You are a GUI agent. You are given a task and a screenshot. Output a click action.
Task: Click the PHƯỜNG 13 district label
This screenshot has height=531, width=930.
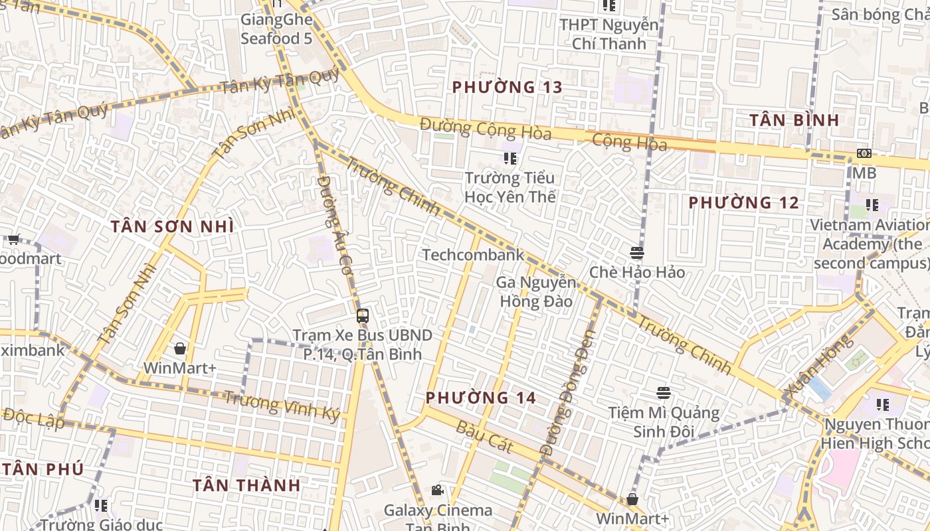coord(507,87)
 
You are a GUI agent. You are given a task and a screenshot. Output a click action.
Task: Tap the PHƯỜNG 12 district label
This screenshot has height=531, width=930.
coord(743,202)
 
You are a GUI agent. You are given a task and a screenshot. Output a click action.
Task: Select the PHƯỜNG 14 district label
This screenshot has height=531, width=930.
coord(480,398)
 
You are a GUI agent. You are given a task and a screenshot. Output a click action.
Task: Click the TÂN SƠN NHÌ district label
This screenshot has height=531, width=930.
coord(172,226)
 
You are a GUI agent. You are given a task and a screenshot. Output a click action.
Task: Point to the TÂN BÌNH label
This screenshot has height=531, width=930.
coord(794,120)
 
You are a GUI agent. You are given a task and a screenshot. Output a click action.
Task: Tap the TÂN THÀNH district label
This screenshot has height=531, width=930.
coord(246,485)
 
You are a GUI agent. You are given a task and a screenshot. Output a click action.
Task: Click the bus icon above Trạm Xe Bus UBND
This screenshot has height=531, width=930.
coord(362,316)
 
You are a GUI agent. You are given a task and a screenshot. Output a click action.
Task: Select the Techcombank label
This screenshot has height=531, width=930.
coord(473,255)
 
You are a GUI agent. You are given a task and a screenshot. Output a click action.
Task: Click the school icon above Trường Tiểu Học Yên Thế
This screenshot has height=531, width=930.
coord(510,159)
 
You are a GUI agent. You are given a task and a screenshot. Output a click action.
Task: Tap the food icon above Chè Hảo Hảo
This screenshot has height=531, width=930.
coord(636,253)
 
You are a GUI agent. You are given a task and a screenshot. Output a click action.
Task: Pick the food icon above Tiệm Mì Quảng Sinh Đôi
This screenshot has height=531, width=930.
coord(663,393)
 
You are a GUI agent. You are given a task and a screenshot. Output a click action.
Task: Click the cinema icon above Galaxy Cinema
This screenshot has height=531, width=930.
coord(437,491)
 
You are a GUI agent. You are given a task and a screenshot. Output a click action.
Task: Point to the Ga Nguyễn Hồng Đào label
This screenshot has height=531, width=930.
coord(535,291)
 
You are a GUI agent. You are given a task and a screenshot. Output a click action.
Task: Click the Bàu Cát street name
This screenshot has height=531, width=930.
coord(484,436)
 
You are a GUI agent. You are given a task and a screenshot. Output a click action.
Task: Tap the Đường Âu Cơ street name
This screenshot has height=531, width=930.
coord(334,226)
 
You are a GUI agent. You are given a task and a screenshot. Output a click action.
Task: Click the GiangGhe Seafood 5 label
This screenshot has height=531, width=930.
coord(276,29)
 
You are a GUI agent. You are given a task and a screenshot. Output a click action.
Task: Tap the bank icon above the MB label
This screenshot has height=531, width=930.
coord(864,153)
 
